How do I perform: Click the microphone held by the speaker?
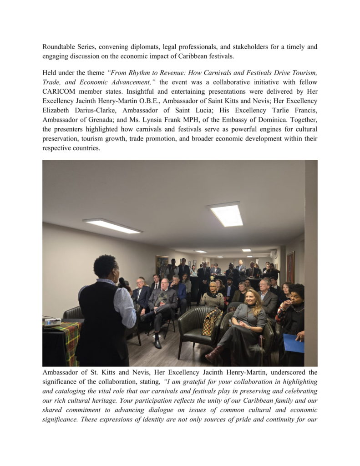coord(122,283)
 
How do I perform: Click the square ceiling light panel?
coord(226,214)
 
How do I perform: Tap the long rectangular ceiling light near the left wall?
coord(112,226)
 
